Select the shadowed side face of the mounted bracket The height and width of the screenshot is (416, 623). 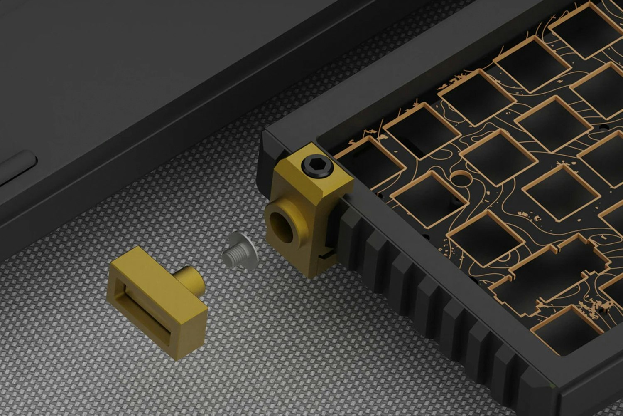coord(332,225)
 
